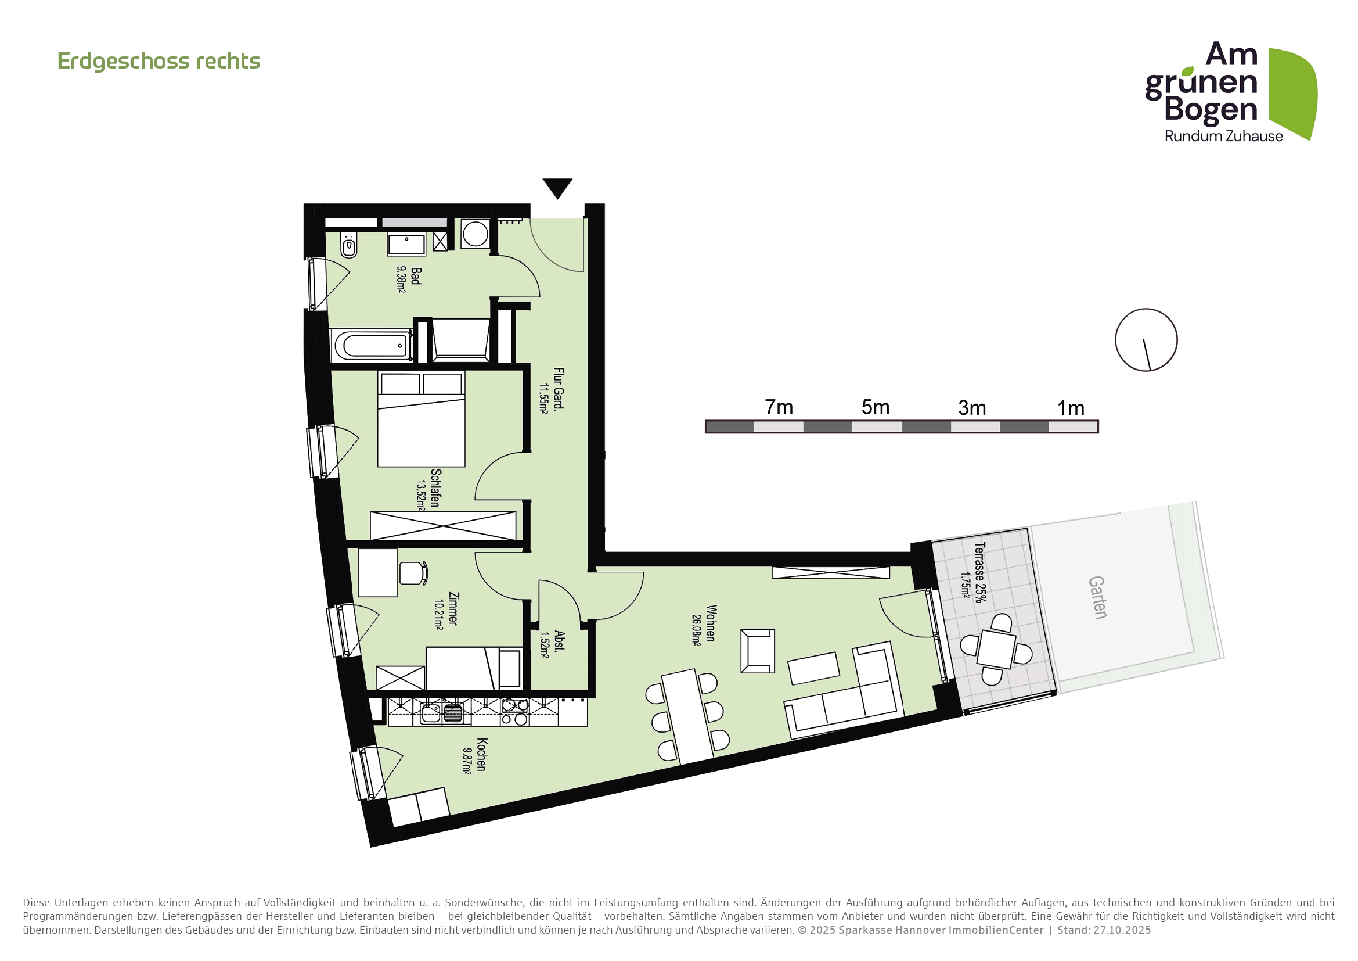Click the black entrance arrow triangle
click(557, 187)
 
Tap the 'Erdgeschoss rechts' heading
click(159, 61)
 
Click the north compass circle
click(1146, 340)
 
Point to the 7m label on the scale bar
click(779, 407)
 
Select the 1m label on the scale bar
click(1071, 408)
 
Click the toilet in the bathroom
click(349, 245)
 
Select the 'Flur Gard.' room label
click(559, 388)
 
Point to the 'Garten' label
click(1097, 598)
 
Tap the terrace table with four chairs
click(996, 649)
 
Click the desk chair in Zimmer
click(412, 573)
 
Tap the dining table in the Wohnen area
click(686, 716)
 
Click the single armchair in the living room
click(757, 651)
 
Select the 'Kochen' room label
click(481, 755)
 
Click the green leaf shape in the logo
click(1293, 92)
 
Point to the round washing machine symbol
click(475, 234)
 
